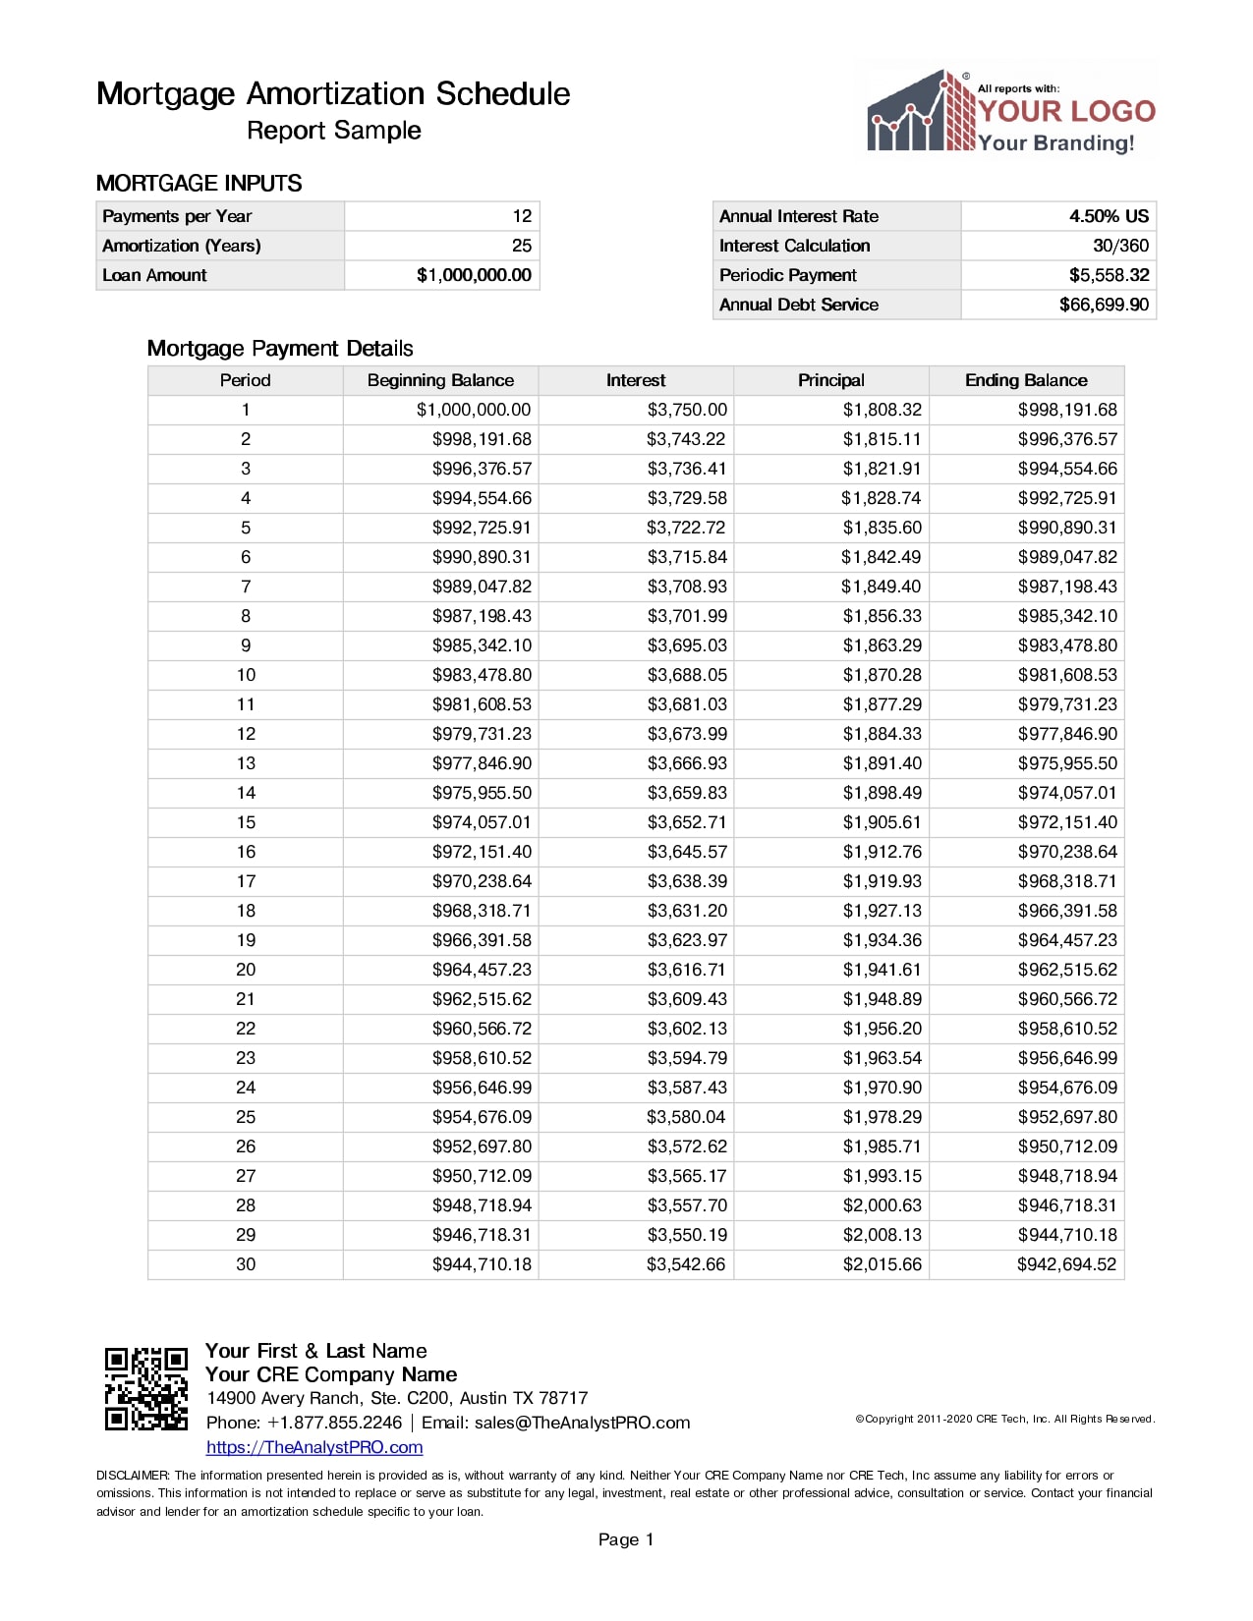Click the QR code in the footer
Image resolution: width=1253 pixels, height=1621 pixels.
click(x=145, y=1388)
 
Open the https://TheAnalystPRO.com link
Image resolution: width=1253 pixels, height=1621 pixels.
click(x=314, y=1447)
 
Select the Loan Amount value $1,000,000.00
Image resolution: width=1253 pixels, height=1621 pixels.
click(x=474, y=275)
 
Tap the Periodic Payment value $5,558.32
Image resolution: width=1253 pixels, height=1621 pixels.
click(x=1109, y=275)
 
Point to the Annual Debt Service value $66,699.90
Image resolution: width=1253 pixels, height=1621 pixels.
click(x=1104, y=305)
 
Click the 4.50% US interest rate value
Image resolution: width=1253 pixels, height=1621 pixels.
click(x=1109, y=216)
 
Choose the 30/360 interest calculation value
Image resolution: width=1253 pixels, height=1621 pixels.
click(x=1120, y=246)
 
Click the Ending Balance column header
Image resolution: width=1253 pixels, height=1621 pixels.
click(x=1026, y=380)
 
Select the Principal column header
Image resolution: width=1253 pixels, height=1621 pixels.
click(x=831, y=380)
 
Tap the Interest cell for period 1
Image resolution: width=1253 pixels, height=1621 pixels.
click(x=687, y=410)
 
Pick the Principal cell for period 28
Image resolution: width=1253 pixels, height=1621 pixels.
click(x=883, y=1205)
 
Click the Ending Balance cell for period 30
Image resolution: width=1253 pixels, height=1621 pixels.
click(x=1066, y=1264)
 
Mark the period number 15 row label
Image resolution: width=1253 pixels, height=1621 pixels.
click(x=246, y=822)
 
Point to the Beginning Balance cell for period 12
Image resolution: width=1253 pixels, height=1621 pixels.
click(x=482, y=734)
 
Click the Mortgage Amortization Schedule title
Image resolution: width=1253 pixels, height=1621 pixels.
click(x=333, y=94)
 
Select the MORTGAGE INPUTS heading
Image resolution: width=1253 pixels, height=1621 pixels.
click(x=199, y=184)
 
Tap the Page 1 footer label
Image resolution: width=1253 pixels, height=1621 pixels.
click(x=626, y=1539)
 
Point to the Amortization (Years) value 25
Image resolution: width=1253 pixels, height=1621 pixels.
click(x=521, y=246)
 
